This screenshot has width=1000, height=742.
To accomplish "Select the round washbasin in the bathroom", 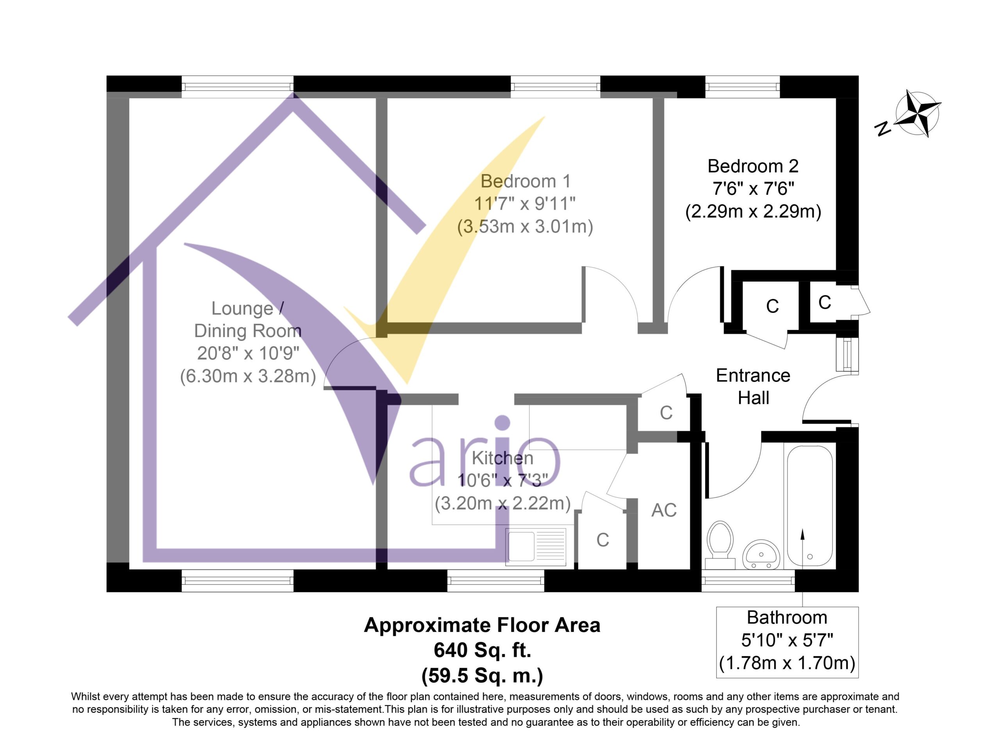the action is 761,554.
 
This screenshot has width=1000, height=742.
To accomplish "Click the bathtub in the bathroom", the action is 809,505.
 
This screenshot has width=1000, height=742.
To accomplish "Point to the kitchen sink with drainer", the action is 536,547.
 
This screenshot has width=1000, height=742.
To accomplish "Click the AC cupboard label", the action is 664,510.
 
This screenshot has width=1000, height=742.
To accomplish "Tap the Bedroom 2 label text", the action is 753,166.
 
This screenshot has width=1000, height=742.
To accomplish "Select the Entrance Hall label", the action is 753,387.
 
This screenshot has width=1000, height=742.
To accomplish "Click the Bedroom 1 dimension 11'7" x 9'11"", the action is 525,204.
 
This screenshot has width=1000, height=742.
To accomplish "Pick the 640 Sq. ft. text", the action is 482,650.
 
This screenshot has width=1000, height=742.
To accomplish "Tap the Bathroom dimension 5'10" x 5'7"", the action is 787,640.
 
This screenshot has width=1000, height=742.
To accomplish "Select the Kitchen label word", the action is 502,458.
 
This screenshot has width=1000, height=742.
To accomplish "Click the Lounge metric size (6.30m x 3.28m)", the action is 248,376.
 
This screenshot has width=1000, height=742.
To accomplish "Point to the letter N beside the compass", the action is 883,129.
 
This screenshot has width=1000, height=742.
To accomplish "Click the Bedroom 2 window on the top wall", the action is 743,87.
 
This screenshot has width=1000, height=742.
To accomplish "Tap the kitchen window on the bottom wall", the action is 495,581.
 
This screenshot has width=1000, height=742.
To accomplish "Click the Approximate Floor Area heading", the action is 482,625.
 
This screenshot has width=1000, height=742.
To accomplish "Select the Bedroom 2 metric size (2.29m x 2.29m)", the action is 753,211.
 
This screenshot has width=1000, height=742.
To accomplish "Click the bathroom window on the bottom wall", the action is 748,581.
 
